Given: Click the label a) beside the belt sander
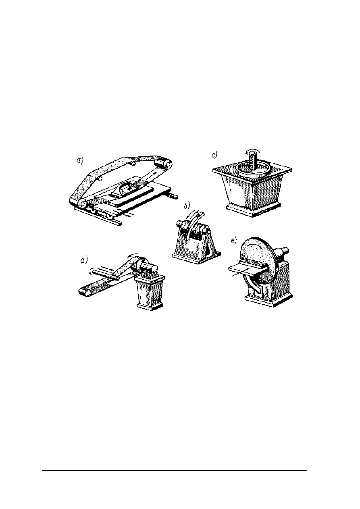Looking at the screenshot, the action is click(80, 161).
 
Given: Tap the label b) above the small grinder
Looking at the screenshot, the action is click(187, 206).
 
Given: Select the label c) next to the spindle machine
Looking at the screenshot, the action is click(214, 155).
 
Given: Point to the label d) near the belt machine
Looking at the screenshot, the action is click(84, 260).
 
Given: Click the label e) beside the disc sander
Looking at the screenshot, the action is click(234, 241).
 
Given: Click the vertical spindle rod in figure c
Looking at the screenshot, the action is click(252, 161).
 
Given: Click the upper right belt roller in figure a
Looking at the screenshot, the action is click(163, 163).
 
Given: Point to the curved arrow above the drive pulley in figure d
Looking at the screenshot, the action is click(134, 255).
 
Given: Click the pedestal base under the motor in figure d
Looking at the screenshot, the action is click(150, 295).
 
